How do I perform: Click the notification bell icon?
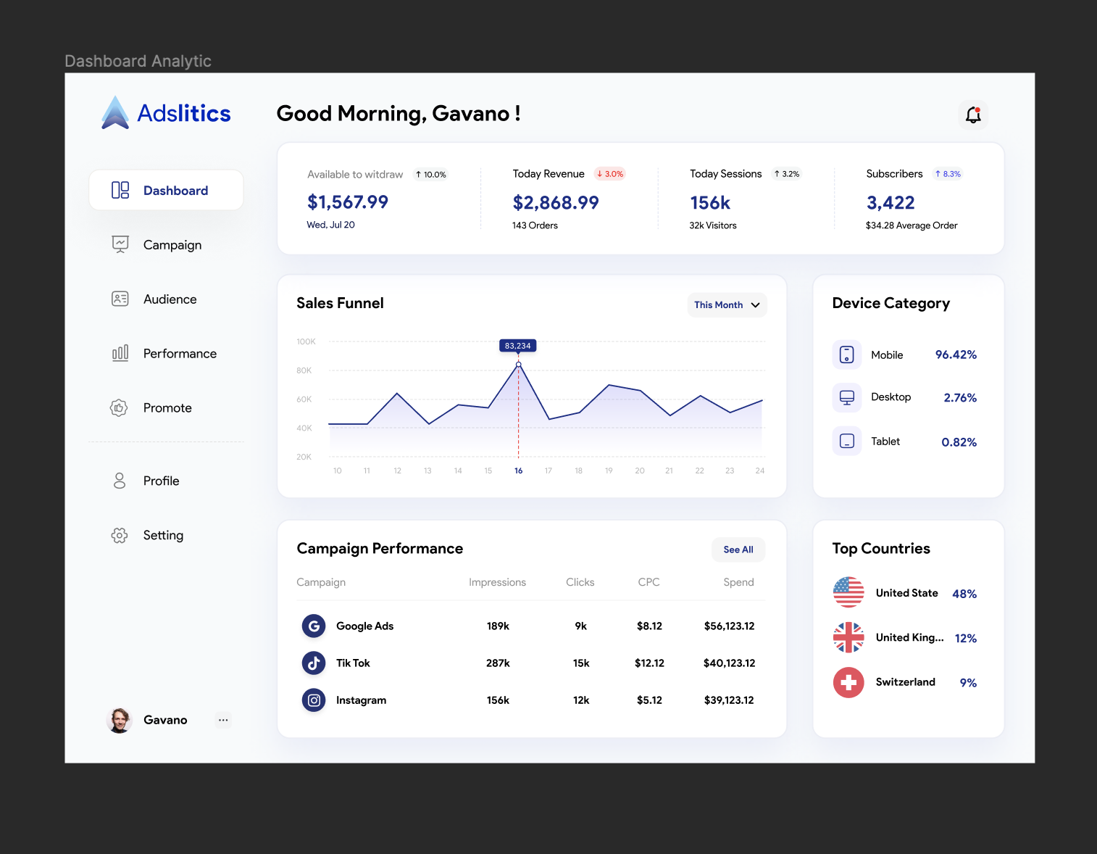click(973, 115)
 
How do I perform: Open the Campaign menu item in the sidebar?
click(172, 245)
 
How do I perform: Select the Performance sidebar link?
click(179, 354)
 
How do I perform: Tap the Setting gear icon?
click(120, 536)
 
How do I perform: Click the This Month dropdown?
click(727, 305)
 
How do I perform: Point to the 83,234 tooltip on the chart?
click(518, 346)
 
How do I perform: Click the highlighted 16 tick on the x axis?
click(519, 471)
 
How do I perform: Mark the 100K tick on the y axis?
click(306, 341)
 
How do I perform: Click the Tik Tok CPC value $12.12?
click(649, 663)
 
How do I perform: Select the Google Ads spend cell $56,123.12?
click(729, 626)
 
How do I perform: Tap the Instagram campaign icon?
click(314, 700)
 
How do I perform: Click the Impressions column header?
click(497, 582)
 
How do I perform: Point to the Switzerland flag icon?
click(848, 683)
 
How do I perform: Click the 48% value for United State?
click(964, 594)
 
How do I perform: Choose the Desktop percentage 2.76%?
click(960, 398)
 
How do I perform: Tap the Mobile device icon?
click(846, 355)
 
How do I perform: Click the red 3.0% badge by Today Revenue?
click(610, 174)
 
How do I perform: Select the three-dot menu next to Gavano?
click(223, 720)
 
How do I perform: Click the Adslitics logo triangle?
click(115, 114)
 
